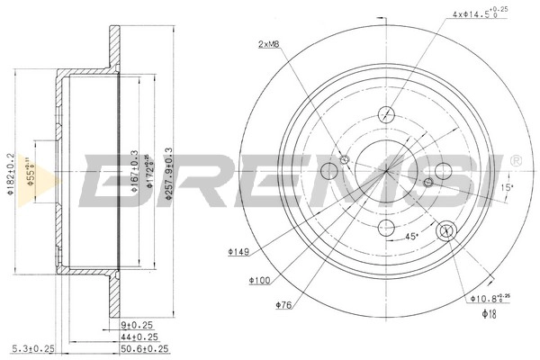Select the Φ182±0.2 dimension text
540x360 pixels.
click(11, 174)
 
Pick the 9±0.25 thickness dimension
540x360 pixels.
click(139, 325)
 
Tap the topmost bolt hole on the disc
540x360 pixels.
click(386, 114)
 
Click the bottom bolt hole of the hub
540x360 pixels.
click(386, 226)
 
